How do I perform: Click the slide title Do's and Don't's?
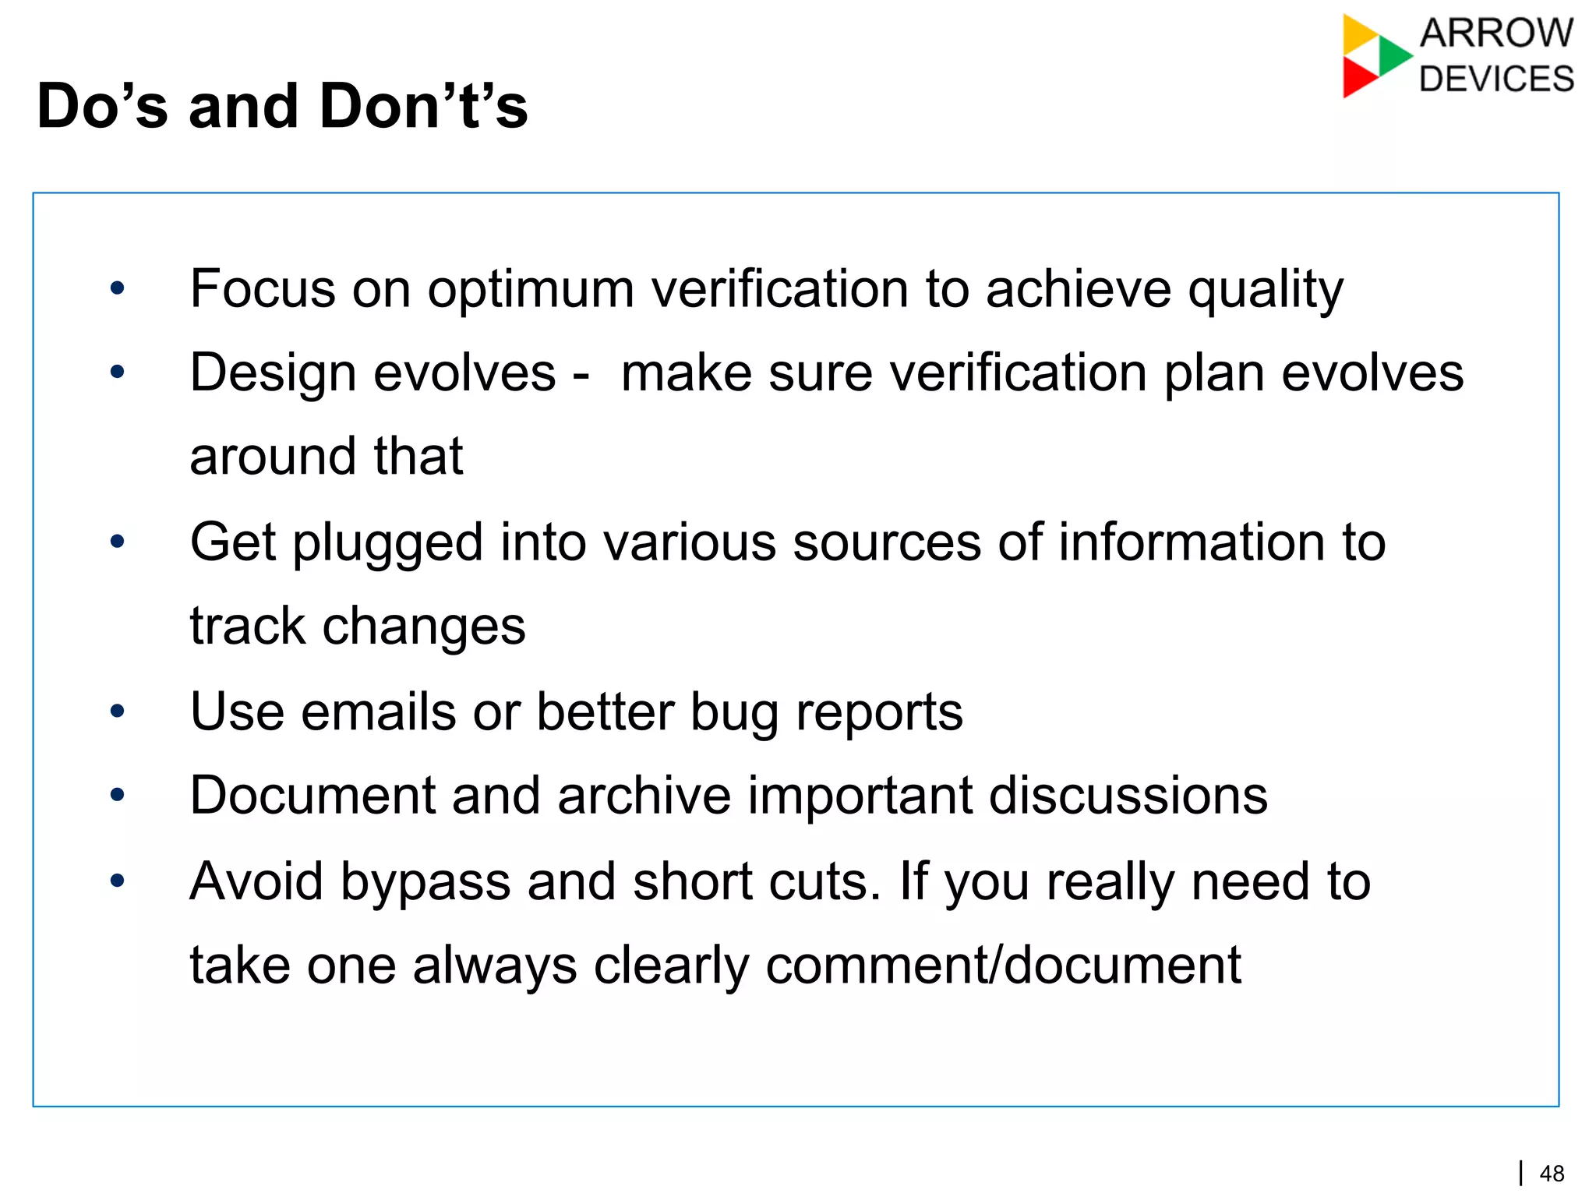(x=282, y=106)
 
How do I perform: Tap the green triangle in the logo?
(x=1393, y=55)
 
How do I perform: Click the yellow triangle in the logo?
(x=1358, y=34)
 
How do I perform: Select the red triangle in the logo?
(x=1358, y=78)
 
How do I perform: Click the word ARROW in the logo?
(x=1496, y=34)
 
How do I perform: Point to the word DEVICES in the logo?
(x=1496, y=79)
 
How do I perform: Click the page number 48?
(x=1552, y=1174)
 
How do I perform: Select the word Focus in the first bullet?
(x=263, y=288)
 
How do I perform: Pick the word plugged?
(x=387, y=543)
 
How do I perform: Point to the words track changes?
(x=358, y=626)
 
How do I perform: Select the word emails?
(x=378, y=711)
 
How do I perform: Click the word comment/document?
(x=1003, y=965)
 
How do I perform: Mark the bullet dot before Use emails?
(x=118, y=711)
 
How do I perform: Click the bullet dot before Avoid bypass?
(x=118, y=881)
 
